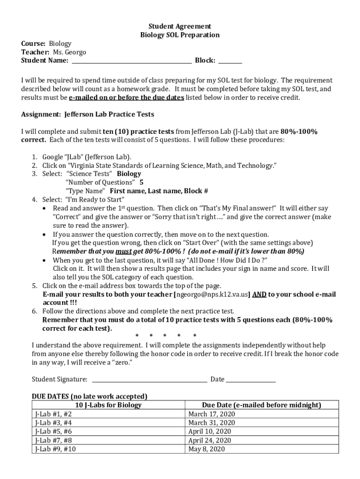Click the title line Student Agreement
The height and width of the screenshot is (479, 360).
[x=180, y=27]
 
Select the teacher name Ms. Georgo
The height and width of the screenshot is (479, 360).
[x=69, y=52]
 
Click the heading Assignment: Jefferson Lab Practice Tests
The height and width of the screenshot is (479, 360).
[x=87, y=114]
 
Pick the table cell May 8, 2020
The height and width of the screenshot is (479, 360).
[x=206, y=449]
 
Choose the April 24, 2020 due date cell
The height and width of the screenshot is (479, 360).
[x=209, y=440]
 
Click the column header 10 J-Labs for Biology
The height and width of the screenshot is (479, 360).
[x=108, y=405]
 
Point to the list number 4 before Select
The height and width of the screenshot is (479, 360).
[x=35, y=199]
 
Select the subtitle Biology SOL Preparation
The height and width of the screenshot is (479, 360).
[x=180, y=35]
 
